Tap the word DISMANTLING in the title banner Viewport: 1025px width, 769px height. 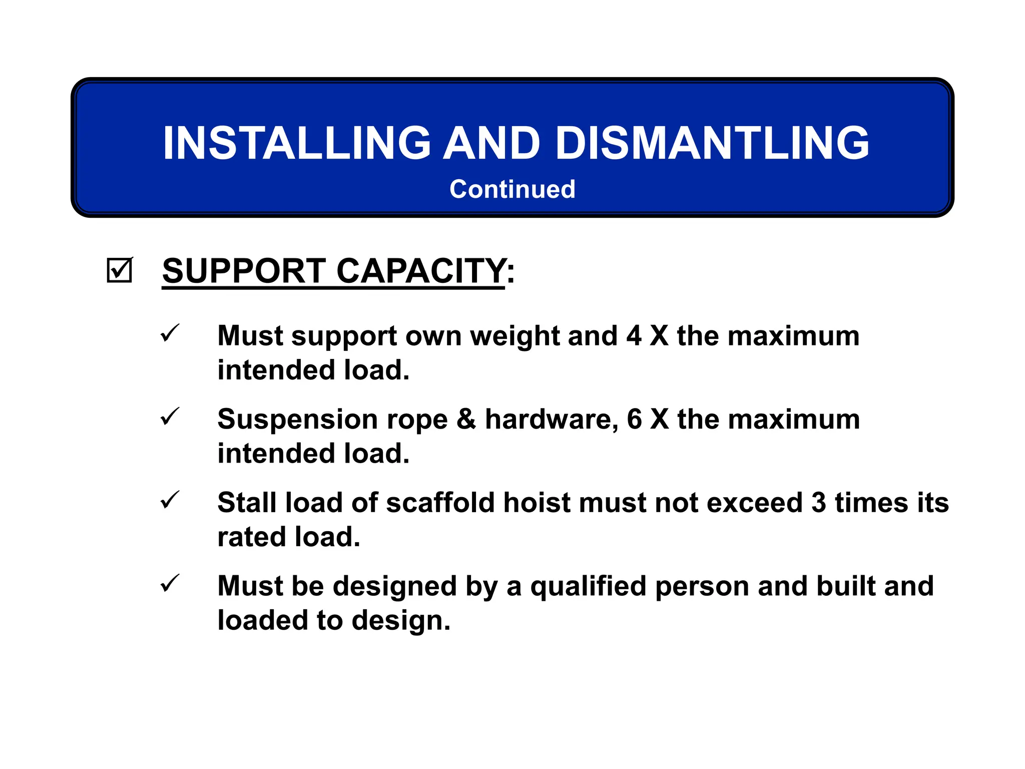(712, 143)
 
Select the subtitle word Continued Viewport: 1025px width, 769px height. (512, 189)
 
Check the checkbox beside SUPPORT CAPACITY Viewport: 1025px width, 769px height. (120, 270)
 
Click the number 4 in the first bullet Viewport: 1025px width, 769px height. (634, 336)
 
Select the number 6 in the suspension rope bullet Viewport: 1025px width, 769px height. (634, 419)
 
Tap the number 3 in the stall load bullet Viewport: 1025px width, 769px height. (818, 503)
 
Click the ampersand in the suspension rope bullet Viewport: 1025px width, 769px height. (466, 419)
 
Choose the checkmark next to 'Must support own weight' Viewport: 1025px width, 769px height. (170, 333)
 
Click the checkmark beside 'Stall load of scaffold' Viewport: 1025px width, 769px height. (170, 500)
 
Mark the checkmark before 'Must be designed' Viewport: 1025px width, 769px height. (170, 583)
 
